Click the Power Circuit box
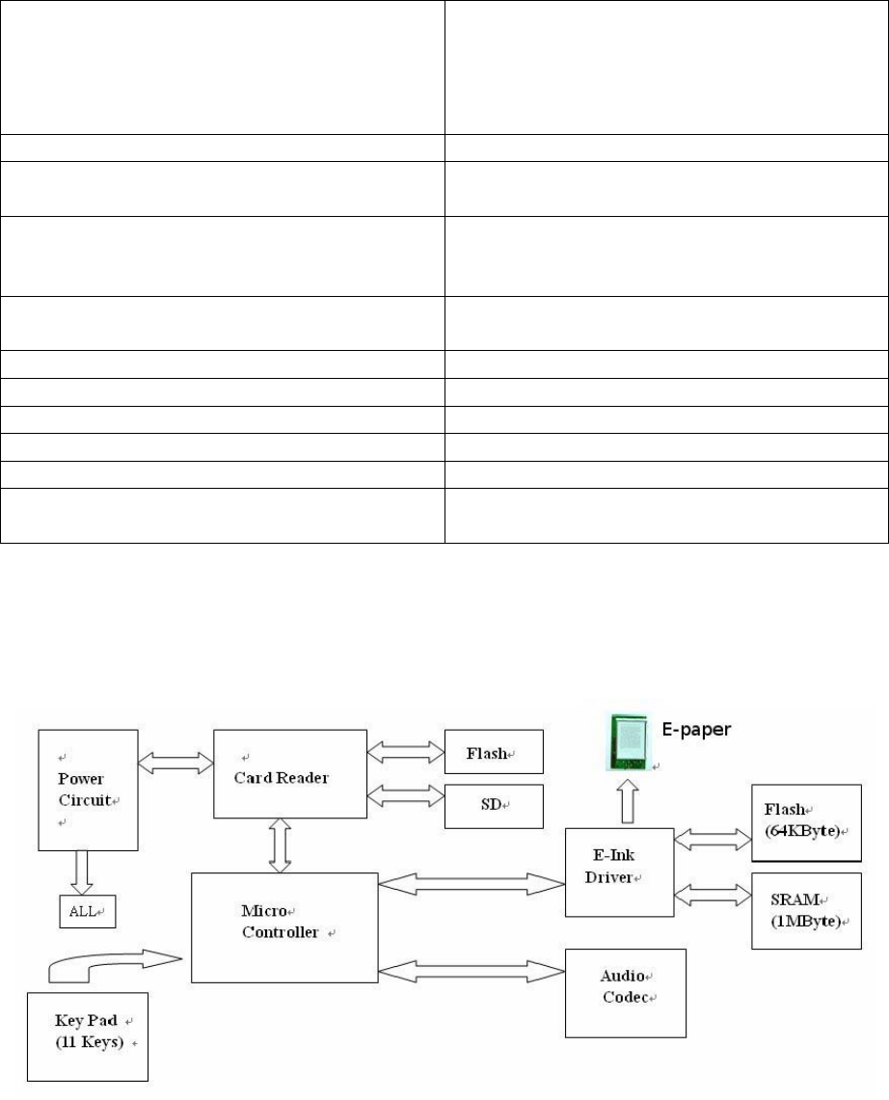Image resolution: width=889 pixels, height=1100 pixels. point(88,790)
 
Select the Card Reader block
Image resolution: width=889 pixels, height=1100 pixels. point(290,774)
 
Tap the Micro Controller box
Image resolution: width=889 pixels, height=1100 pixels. point(284,927)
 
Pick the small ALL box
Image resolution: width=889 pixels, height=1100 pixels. point(87,911)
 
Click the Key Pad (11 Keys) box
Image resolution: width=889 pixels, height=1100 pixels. point(88,1036)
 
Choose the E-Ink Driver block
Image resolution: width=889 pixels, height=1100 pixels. point(620,872)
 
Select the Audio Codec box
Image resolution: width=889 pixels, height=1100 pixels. point(625,993)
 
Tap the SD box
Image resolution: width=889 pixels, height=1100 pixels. point(494,806)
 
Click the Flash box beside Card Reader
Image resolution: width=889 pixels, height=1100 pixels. point(494,751)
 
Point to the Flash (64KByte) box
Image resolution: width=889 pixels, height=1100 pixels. point(806,823)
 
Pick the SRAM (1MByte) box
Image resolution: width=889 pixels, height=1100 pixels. point(806,911)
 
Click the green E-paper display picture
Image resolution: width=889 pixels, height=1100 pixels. point(628,742)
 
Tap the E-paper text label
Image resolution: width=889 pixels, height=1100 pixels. point(696,730)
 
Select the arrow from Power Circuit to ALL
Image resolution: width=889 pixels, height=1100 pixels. point(82,872)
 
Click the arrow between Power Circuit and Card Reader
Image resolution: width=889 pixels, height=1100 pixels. point(175,763)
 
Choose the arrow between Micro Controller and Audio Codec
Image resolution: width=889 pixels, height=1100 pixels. point(471,972)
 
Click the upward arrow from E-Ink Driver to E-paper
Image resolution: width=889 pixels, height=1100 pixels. point(628,802)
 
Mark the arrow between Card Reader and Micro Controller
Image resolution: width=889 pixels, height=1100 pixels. point(280,845)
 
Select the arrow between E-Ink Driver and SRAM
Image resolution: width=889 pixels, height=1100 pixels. point(713,895)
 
